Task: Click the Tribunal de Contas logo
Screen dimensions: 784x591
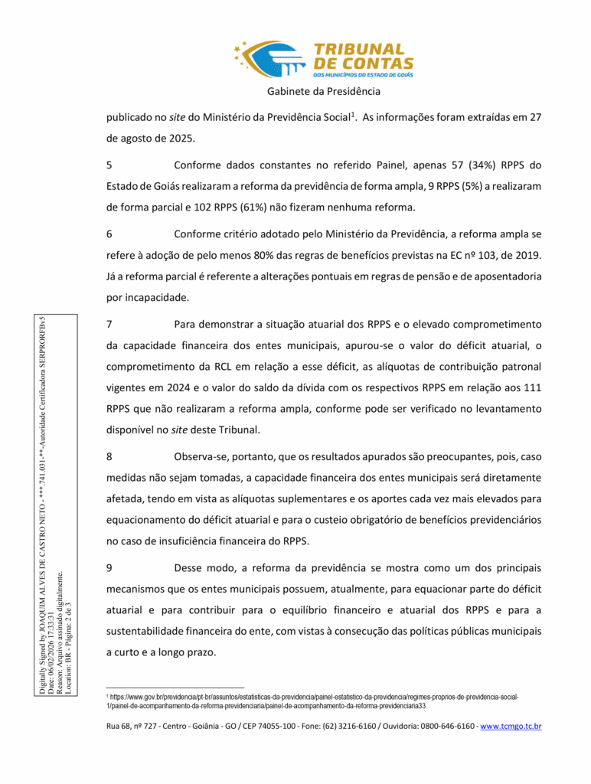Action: coord(324,60)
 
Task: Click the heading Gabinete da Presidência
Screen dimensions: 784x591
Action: coord(324,92)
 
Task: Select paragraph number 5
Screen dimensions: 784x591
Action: coord(109,165)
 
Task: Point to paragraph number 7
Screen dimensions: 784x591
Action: coord(109,324)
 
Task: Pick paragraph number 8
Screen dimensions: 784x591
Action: coord(109,456)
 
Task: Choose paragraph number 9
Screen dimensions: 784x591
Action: coord(109,568)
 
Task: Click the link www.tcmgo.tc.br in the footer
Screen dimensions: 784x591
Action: coord(511,725)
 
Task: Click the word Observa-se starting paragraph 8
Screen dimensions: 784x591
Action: coord(202,456)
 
